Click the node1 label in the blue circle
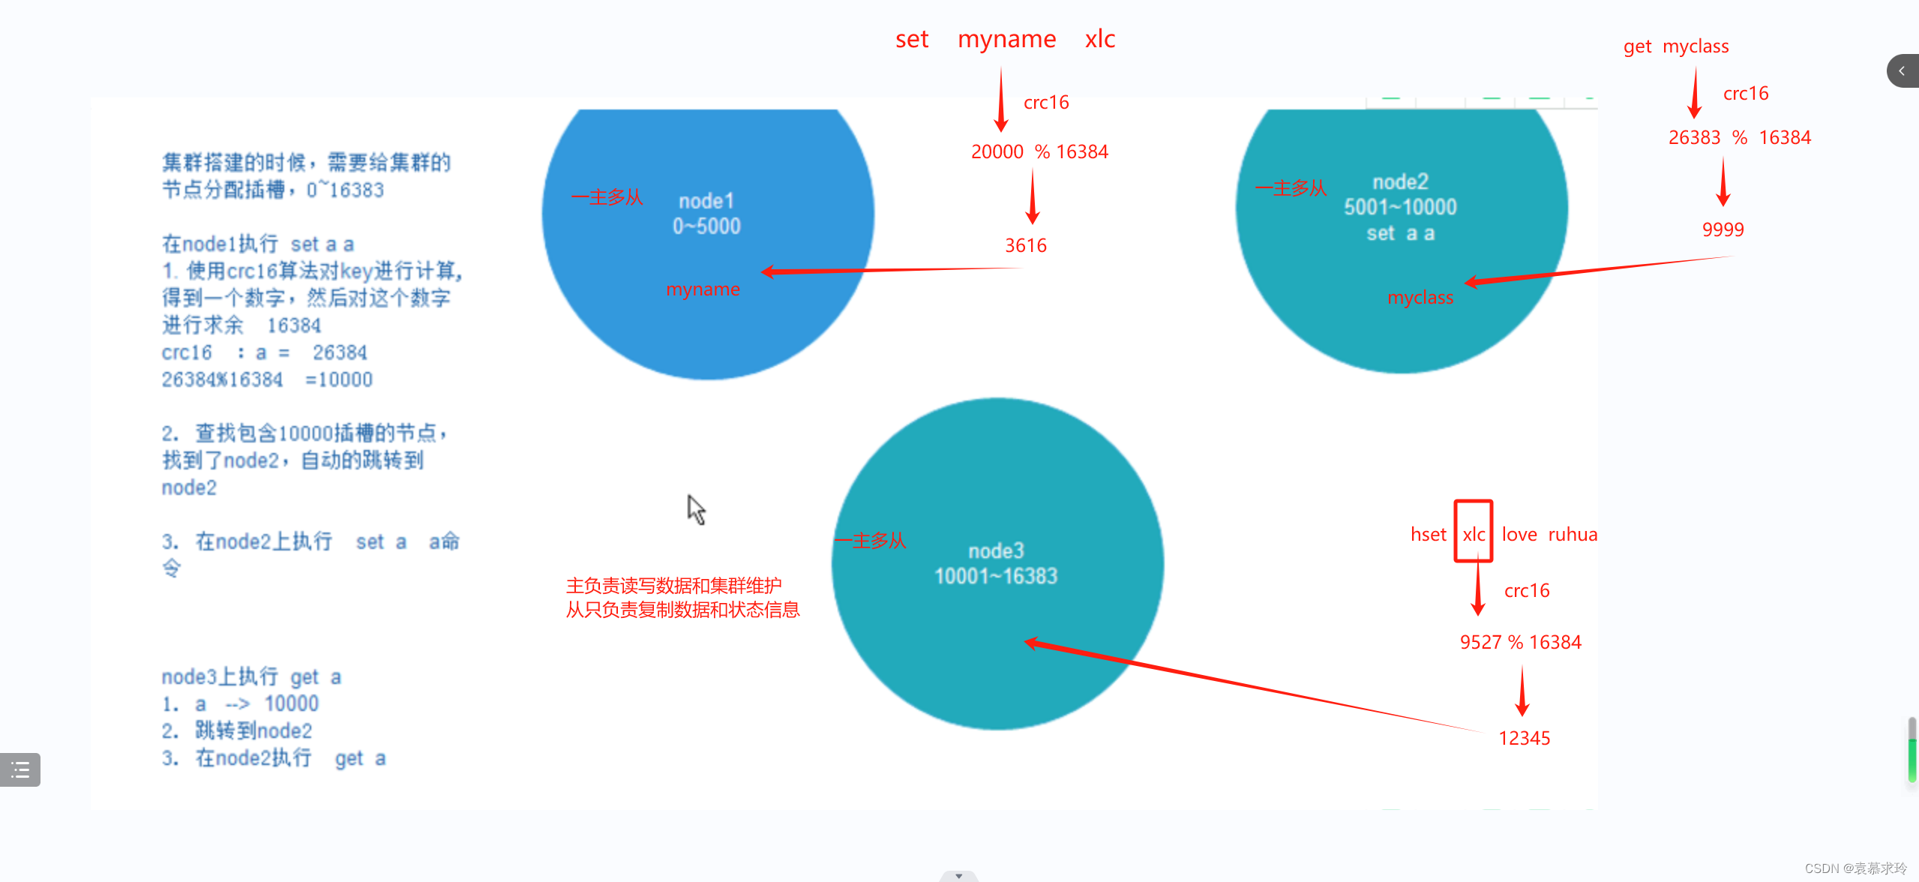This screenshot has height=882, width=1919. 706,201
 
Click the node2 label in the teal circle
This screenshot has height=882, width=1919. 1400,181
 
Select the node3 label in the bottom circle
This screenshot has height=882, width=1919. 996,551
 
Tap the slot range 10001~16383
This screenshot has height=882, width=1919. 996,576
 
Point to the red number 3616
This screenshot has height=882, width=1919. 1025,245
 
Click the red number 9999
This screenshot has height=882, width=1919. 1723,229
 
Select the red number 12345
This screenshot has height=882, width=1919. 1524,738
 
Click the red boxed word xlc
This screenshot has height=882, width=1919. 1474,534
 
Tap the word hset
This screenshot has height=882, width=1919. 1428,534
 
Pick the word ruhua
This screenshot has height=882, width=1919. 1573,534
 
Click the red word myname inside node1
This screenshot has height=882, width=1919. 703,289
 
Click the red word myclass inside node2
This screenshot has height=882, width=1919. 1420,298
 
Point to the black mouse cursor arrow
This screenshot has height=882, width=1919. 696,509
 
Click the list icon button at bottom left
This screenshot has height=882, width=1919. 20,769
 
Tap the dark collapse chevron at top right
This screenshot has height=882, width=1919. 1902,71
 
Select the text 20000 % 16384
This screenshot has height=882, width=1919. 1039,151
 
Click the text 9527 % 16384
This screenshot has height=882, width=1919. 1520,642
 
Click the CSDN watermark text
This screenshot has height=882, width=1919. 1855,868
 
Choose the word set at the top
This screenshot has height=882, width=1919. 912,39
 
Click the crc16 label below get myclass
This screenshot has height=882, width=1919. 1745,93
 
